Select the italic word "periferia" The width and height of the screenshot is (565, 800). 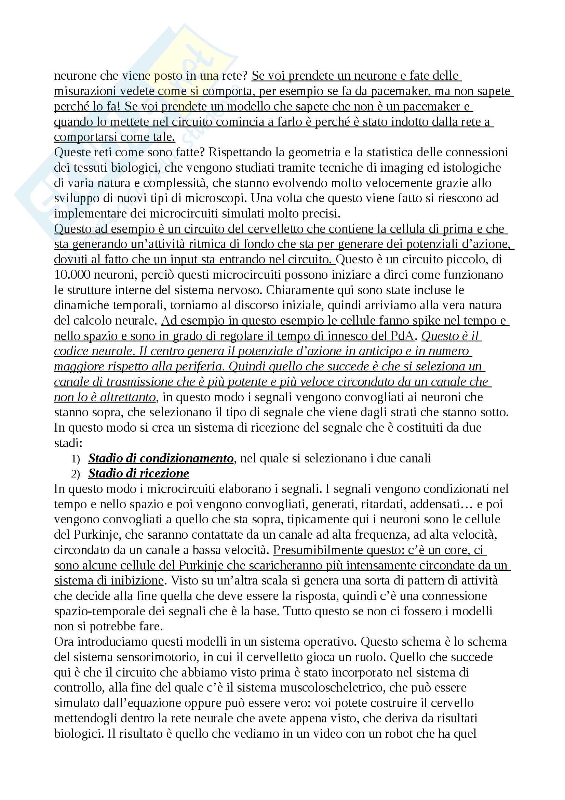(198, 367)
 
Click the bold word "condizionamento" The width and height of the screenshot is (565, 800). (191, 458)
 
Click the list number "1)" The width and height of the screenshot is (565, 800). (76, 459)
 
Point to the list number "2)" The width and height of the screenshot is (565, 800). (76, 474)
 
